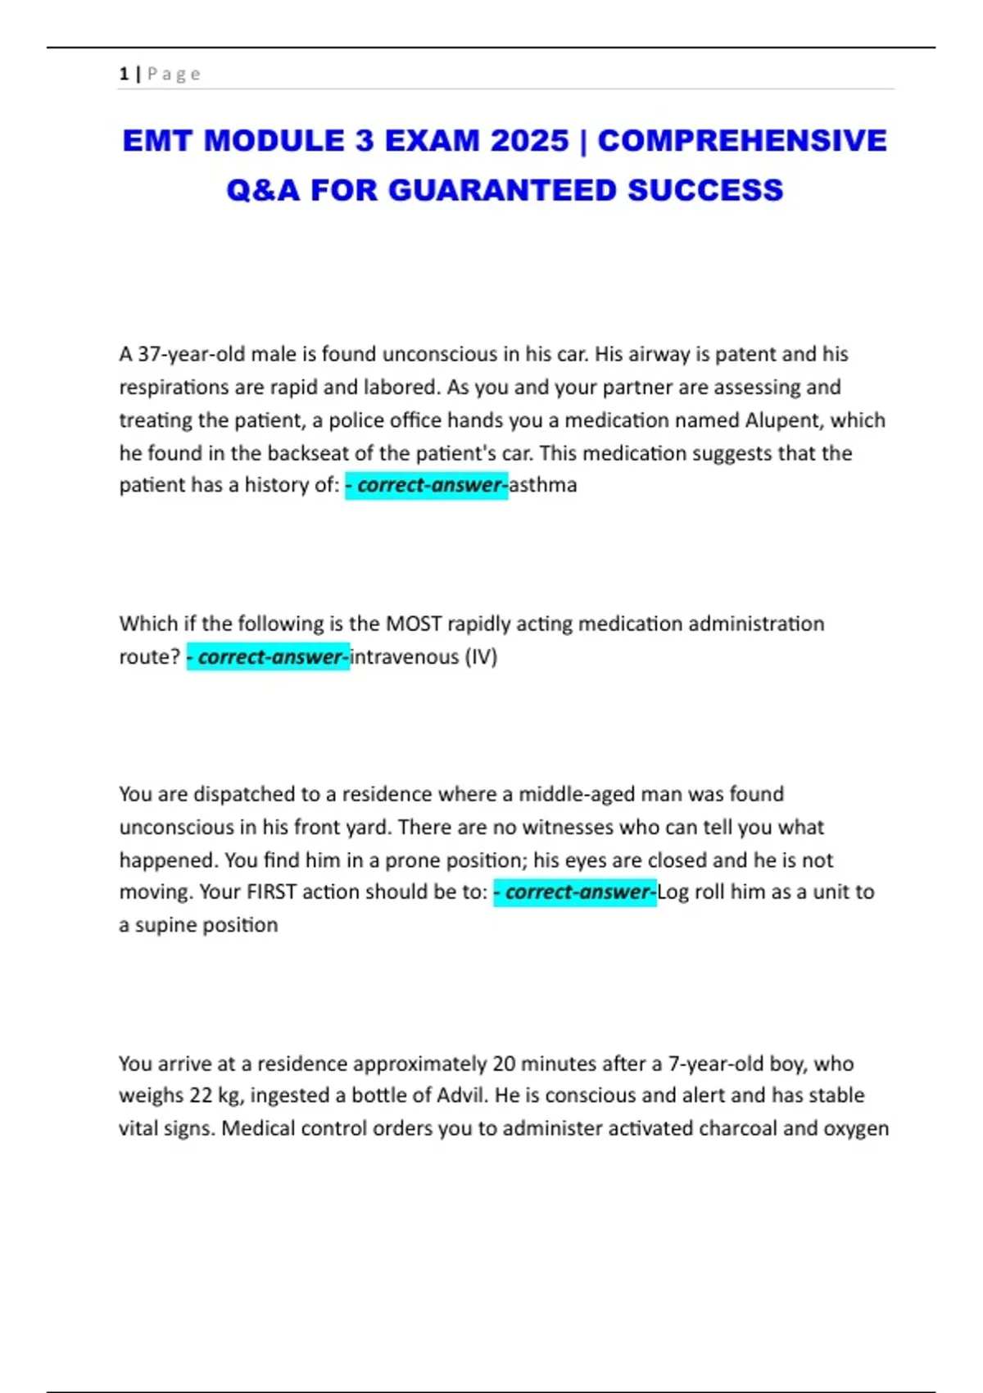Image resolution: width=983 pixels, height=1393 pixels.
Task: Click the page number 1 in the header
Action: tap(124, 74)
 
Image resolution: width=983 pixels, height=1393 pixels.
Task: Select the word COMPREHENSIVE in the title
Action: tap(742, 141)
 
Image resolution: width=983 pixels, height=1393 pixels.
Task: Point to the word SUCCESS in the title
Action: tap(705, 190)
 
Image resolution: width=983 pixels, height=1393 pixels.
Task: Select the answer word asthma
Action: tap(543, 485)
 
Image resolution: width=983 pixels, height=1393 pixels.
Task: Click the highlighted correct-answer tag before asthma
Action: tap(427, 485)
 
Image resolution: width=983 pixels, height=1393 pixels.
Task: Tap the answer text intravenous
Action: tap(405, 657)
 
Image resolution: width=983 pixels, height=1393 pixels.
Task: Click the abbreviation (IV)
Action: tap(481, 657)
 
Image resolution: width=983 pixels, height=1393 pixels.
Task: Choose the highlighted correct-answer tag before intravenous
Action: tap(269, 657)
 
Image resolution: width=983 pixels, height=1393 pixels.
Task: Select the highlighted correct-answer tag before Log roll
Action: tap(575, 892)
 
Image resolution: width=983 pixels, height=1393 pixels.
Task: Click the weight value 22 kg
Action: tap(206, 1096)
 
